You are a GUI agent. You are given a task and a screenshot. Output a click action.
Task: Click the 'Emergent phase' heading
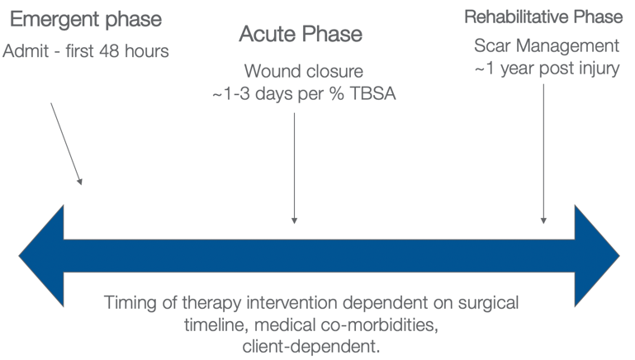[86, 21]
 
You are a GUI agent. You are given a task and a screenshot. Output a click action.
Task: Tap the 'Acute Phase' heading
[301, 34]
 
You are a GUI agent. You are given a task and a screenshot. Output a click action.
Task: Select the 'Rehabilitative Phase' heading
[543, 17]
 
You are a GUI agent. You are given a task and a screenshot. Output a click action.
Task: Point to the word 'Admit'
[26, 51]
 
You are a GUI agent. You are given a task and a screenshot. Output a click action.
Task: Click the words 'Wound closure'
[304, 71]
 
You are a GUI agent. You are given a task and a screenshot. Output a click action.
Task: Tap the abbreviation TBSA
[372, 94]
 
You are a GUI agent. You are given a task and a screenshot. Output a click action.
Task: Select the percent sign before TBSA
[337, 94]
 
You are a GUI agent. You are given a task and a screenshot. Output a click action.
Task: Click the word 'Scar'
[492, 45]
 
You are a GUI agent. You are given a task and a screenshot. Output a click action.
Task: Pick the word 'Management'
[568, 46]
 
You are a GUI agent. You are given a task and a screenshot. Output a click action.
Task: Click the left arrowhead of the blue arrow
[41, 256]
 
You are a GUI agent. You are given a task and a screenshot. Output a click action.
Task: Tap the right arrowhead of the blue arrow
[597, 256]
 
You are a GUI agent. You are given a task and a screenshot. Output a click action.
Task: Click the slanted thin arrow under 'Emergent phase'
[66, 144]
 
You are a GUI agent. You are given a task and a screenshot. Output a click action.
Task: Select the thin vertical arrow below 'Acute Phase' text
[295, 168]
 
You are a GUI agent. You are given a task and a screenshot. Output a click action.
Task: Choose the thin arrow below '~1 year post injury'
[543, 154]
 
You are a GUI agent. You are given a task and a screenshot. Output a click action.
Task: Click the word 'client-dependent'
[311, 347]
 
